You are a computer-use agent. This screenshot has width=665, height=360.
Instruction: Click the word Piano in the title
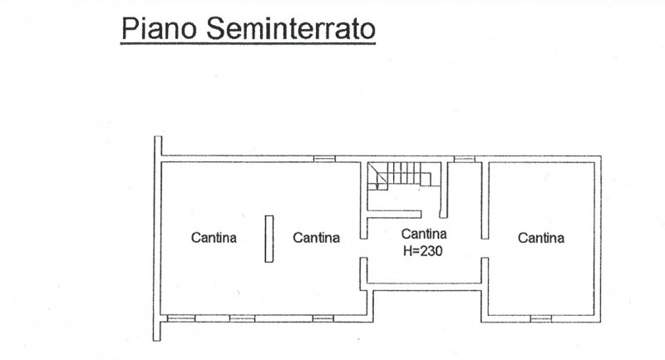(160, 28)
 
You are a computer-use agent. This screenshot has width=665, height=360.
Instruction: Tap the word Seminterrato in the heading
(291, 28)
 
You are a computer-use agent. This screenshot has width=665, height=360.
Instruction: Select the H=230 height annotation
(423, 250)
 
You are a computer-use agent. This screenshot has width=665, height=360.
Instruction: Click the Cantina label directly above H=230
(424, 234)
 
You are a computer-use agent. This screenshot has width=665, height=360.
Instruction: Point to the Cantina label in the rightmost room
(541, 238)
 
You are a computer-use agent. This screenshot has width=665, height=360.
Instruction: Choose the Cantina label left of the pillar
(214, 237)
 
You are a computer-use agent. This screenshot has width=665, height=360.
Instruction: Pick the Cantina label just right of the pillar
(317, 237)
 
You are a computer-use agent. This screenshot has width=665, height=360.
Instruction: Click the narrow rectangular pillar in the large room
(269, 239)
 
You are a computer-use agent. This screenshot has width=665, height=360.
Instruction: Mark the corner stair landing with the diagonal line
(377, 176)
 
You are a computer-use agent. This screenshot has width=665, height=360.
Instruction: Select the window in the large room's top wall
(324, 159)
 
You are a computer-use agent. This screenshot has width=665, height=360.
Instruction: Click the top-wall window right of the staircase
(465, 159)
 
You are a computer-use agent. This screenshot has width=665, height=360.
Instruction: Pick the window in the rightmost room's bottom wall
(541, 318)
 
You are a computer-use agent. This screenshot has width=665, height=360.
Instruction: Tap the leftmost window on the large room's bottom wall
(181, 318)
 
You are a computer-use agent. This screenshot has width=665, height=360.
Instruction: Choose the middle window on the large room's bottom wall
(243, 318)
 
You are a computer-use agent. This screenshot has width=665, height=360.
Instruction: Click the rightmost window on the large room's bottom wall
(323, 318)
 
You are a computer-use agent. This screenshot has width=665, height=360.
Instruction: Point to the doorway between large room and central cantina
(363, 248)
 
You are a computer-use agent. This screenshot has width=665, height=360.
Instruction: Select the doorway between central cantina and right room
(485, 248)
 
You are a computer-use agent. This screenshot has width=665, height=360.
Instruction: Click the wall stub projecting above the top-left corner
(158, 145)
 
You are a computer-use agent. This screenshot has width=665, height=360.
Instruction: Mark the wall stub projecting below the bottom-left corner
(157, 331)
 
